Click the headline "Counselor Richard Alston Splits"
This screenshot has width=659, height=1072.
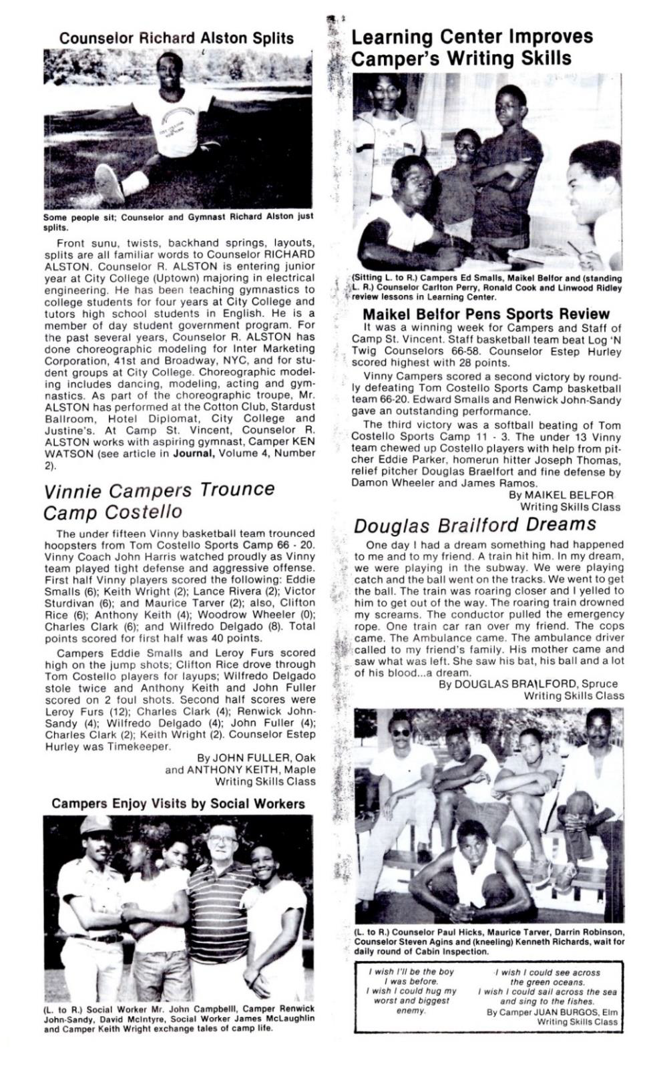pos(176,37)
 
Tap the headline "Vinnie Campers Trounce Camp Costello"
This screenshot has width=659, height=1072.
pos(159,501)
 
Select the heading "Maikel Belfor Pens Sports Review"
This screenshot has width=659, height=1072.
pos(486,314)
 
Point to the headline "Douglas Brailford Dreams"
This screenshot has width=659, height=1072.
pos(475,525)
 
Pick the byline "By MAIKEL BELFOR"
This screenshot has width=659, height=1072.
pos(561,495)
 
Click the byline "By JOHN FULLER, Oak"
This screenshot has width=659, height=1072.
pos(256,757)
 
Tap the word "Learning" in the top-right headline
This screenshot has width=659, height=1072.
pos(392,37)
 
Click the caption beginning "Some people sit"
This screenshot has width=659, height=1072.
pos(178,221)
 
